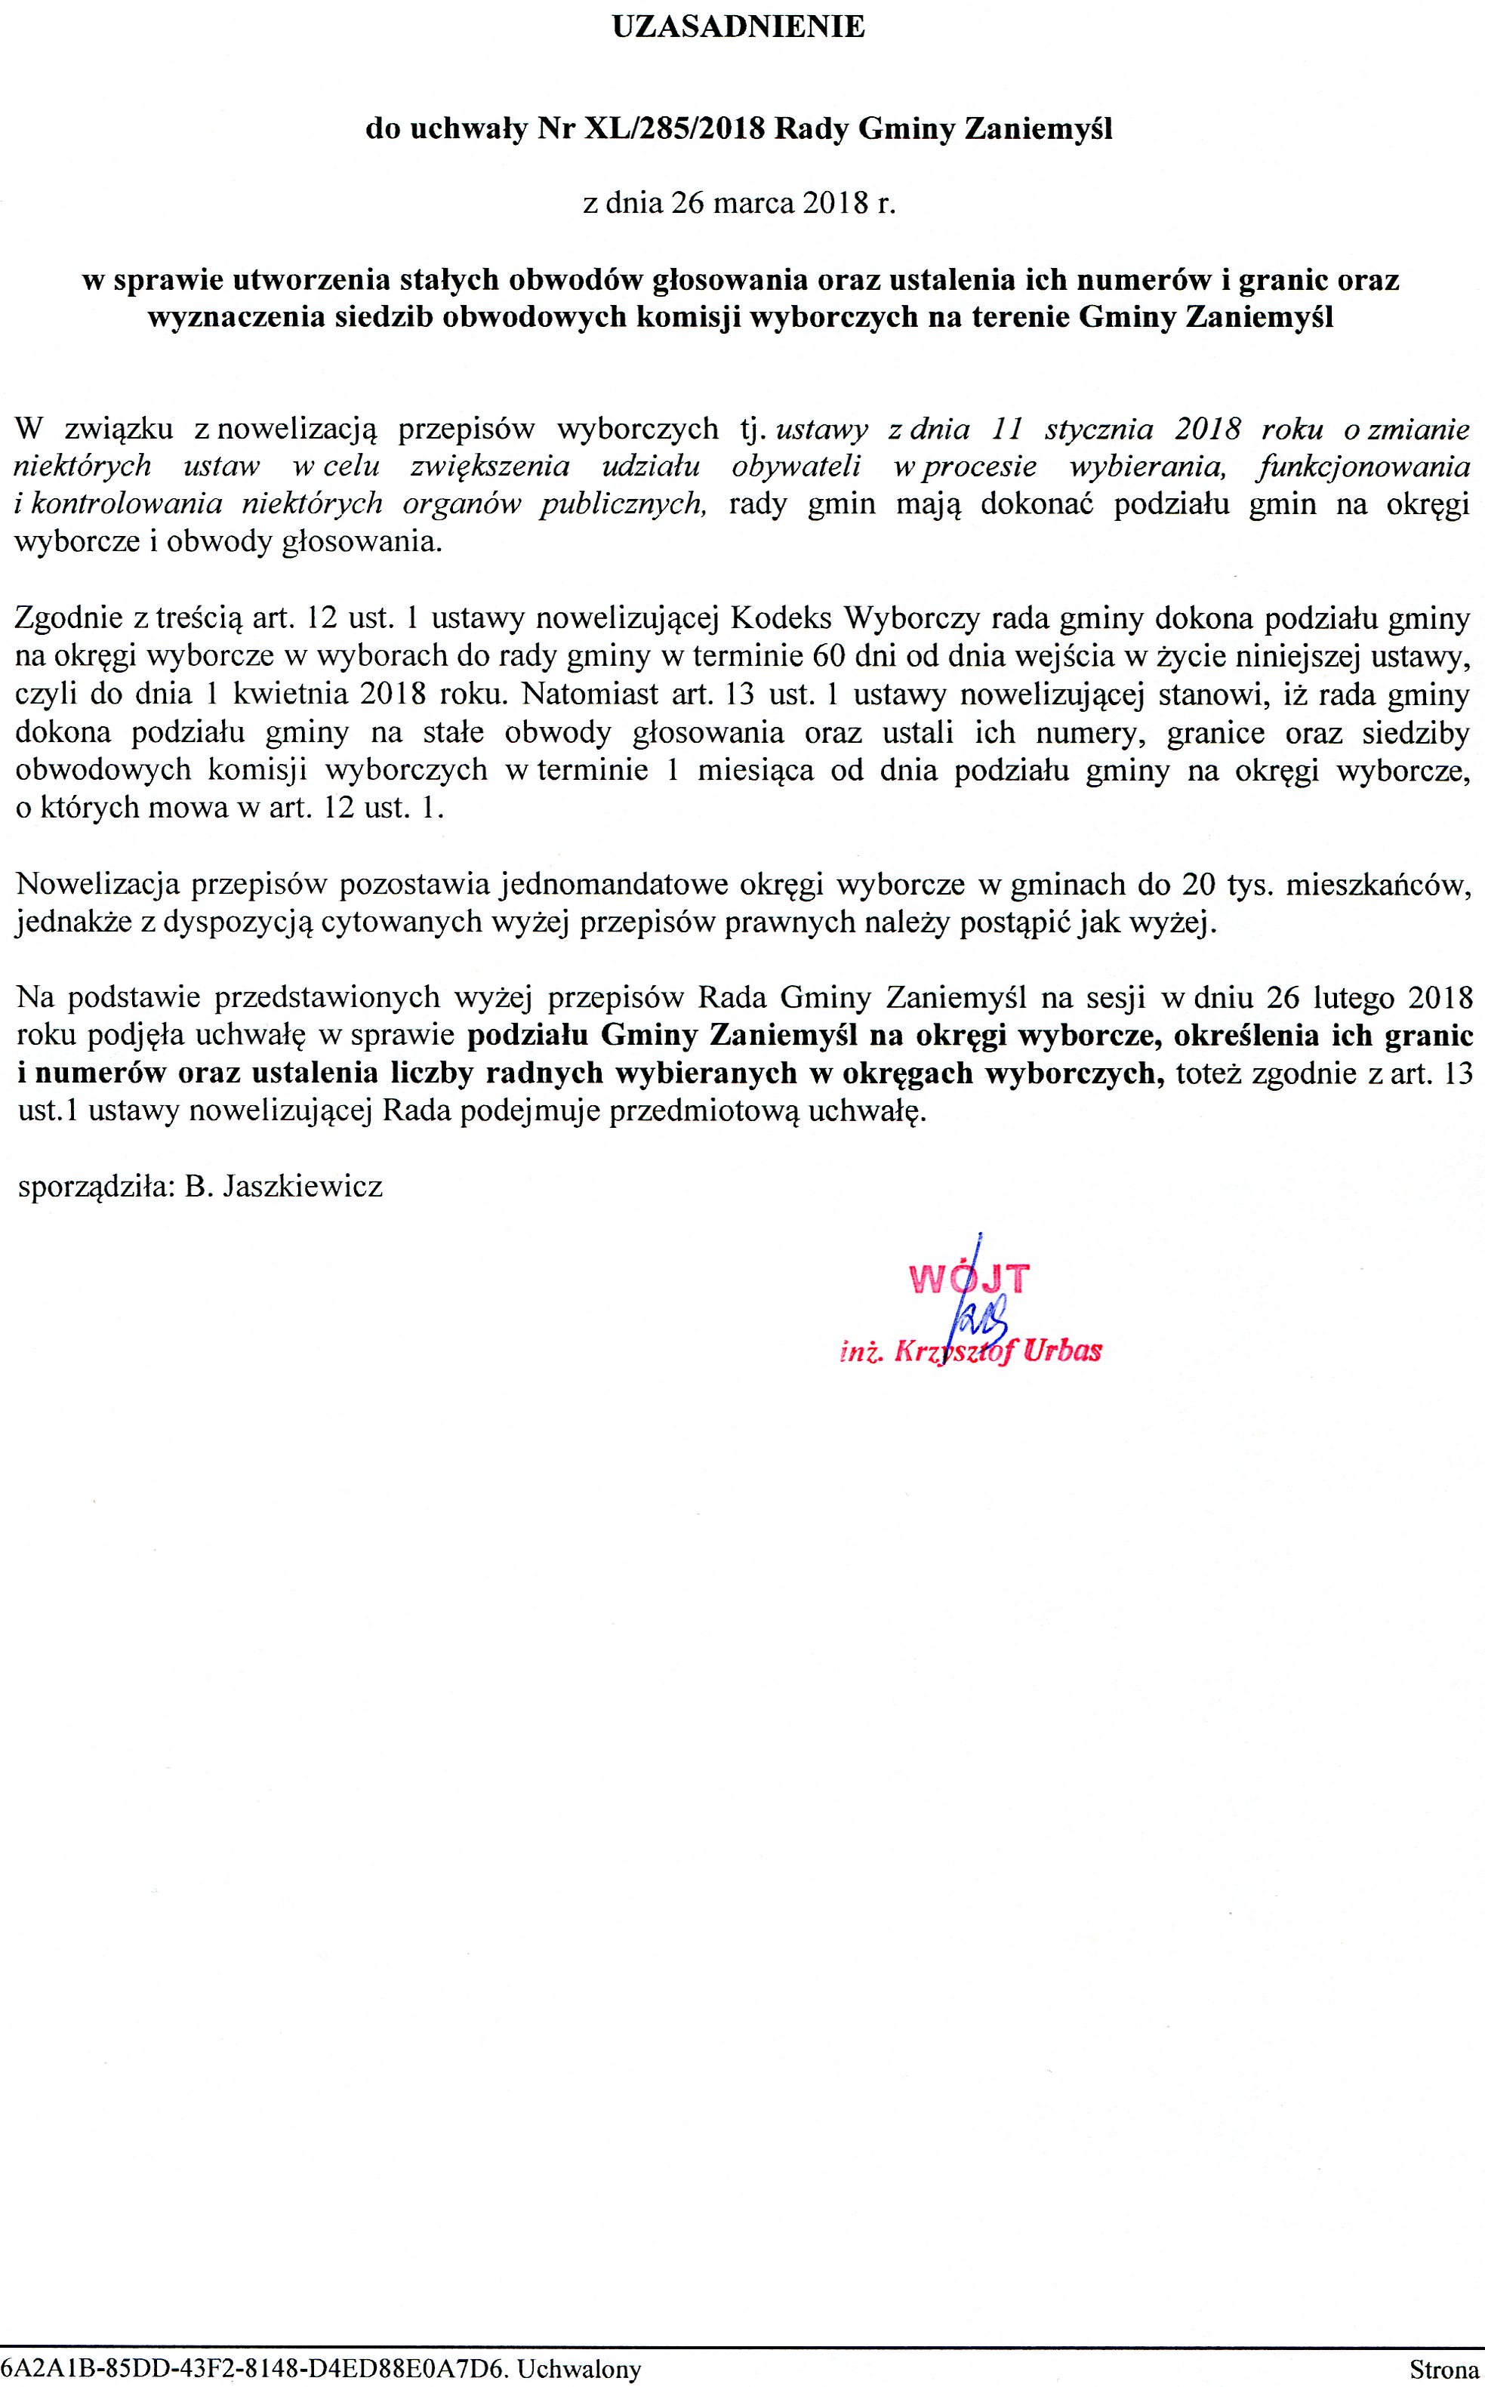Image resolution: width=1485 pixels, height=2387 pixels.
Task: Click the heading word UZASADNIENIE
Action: coord(738,27)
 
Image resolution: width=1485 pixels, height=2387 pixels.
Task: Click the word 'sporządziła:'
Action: coord(96,1187)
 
